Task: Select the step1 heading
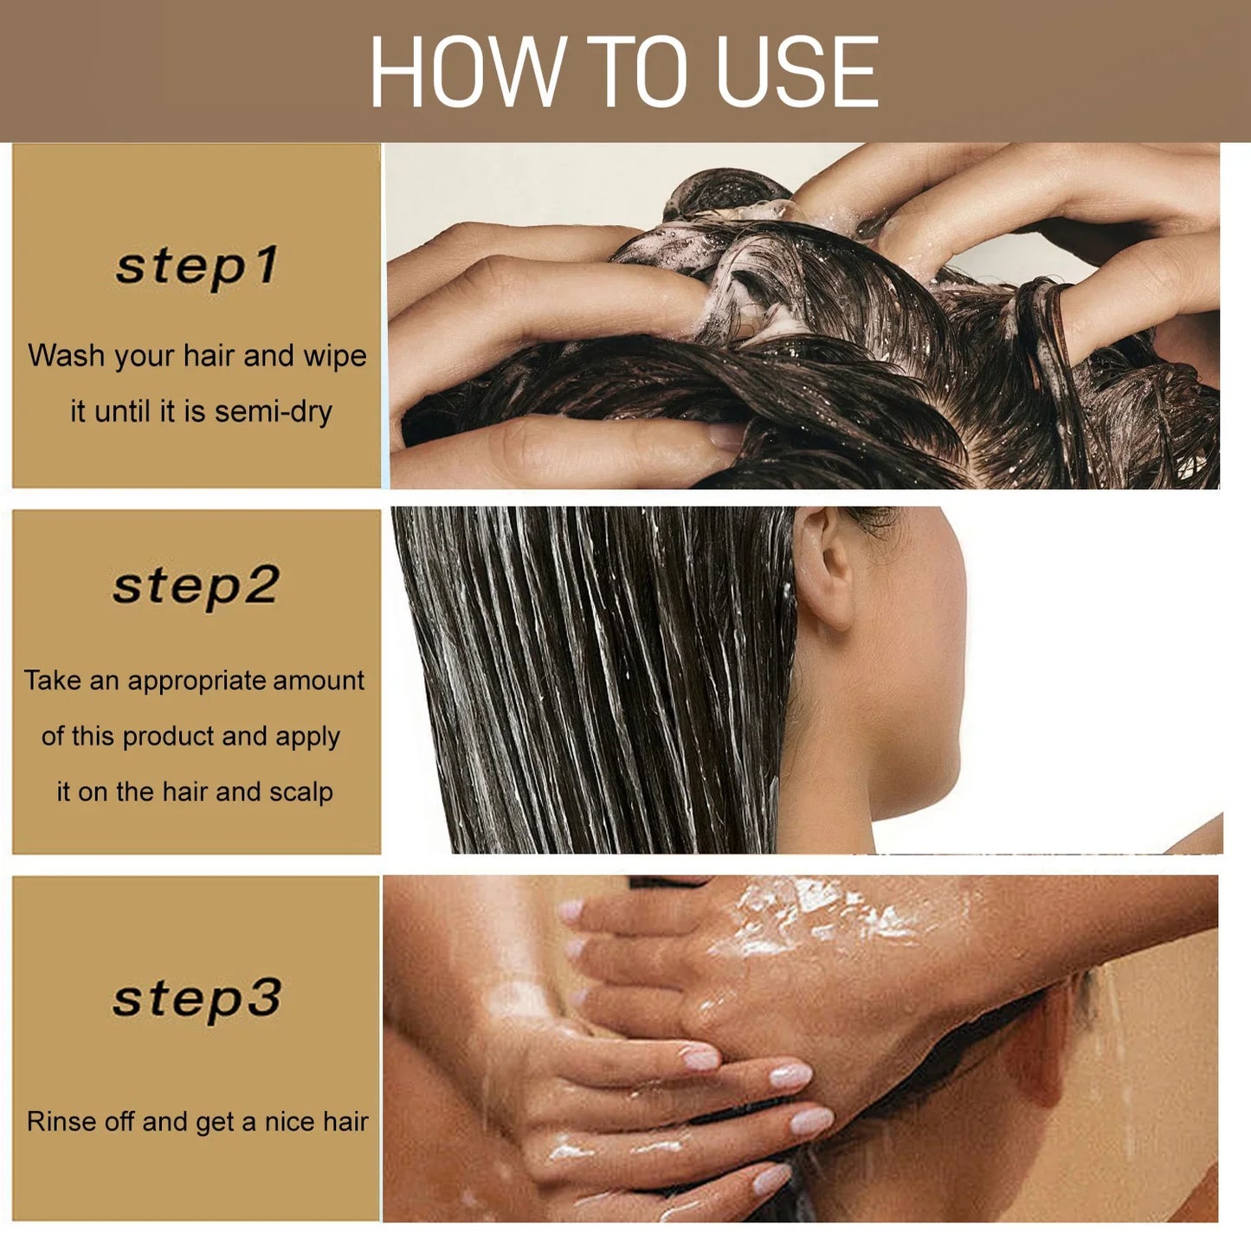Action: [x=197, y=266]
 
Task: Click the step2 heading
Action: [x=197, y=586]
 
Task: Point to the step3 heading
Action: [x=197, y=999]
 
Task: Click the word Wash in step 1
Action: [x=66, y=356]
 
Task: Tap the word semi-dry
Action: [x=274, y=411]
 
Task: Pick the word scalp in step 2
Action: [x=300, y=791]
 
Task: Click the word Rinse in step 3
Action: [x=61, y=1121]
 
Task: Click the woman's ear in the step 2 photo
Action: [x=824, y=567]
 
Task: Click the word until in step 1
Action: [x=122, y=411]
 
